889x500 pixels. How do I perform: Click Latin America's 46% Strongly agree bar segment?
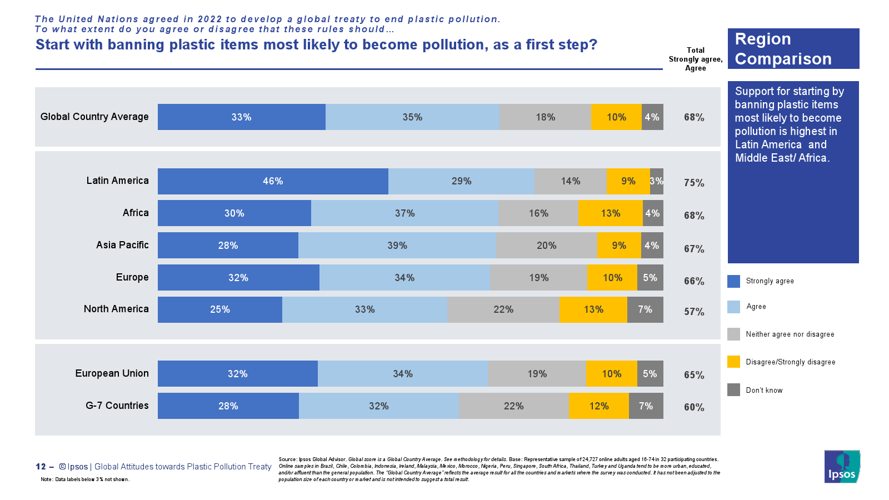273,181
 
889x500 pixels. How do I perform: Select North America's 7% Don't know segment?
645,309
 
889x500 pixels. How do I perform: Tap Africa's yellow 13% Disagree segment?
611,213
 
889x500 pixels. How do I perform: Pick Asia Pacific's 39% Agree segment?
397,246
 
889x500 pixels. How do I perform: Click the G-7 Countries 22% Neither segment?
513,406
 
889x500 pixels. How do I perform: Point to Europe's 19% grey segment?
538,278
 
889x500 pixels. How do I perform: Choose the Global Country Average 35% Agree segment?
412,117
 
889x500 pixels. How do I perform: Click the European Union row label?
112,373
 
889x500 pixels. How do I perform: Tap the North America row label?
116,309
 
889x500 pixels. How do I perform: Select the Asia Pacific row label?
122,245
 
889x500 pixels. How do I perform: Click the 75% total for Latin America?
694,183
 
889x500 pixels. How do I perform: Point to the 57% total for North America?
694,312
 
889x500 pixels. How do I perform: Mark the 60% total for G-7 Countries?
694,407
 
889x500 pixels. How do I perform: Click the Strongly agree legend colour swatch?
733,281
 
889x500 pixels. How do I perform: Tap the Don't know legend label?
764,391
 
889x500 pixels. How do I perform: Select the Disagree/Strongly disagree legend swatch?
733,362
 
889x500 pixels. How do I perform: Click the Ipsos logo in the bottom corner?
842,467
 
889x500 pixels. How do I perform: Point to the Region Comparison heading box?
793,49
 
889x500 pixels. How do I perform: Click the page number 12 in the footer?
41,467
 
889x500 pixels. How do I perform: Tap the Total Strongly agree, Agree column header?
695,59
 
